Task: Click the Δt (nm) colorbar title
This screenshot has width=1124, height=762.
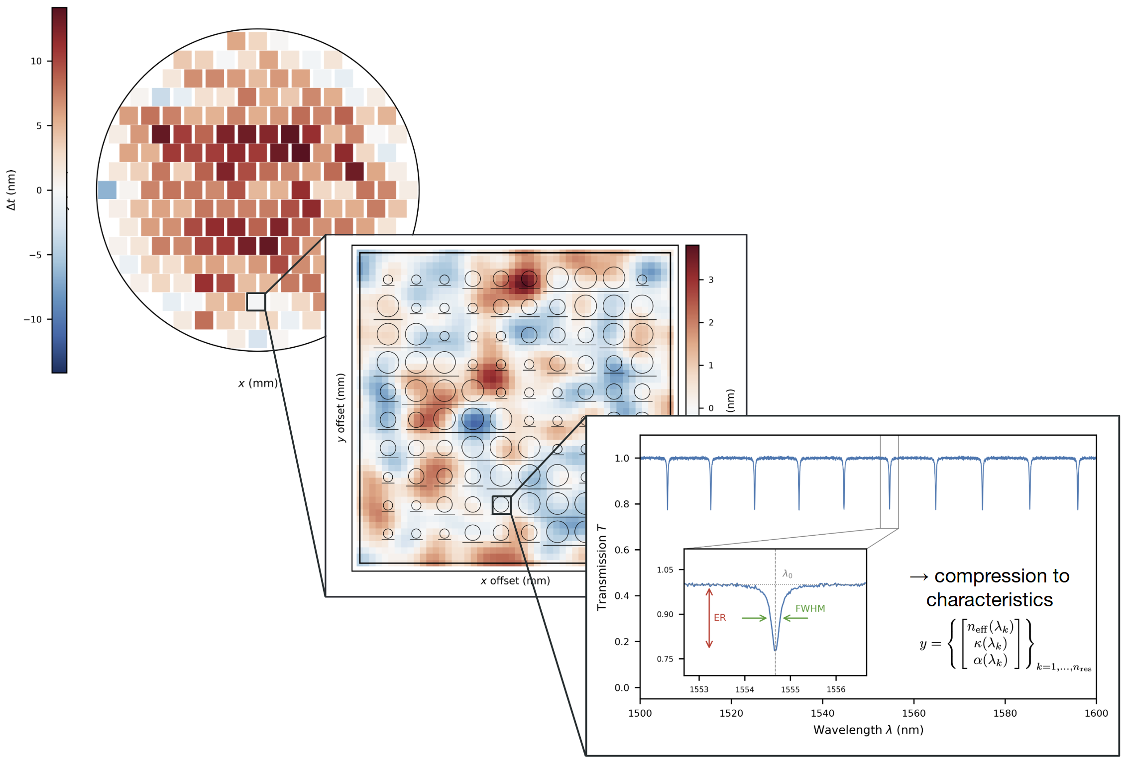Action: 11,190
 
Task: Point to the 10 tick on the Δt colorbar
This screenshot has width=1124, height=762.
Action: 49,61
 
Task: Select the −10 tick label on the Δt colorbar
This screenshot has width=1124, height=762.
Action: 33,319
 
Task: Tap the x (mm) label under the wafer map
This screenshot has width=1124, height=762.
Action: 258,383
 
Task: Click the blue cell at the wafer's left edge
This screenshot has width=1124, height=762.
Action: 107,190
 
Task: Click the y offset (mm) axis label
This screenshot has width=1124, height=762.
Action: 340,407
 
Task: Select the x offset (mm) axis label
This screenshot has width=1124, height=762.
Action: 515,580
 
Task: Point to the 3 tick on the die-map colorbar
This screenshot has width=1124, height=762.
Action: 701,280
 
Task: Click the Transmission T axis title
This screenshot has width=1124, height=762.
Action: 602,567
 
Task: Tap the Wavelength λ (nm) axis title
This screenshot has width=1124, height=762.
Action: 868,730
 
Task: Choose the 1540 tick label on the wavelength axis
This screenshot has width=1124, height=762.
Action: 822,713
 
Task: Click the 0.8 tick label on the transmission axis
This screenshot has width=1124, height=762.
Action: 622,504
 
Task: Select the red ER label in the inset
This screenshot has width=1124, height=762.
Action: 720,618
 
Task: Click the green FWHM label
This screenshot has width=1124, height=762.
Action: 810,608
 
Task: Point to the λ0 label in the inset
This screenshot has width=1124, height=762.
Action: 787,574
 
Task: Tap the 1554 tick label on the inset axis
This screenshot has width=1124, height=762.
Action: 745,689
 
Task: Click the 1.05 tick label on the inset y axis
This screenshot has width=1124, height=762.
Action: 665,570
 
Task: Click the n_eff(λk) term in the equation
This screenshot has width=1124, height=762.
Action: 990,627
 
